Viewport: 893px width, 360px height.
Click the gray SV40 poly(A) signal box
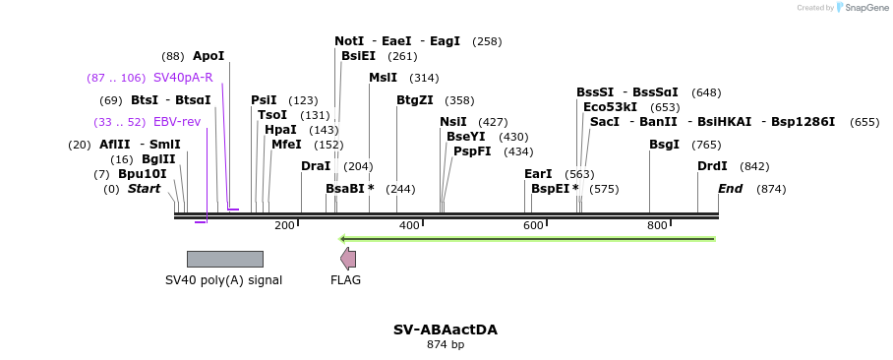tap(224, 259)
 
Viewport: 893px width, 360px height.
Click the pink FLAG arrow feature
tap(348, 259)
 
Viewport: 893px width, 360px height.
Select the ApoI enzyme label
tap(208, 56)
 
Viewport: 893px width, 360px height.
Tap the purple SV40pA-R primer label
tap(183, 78)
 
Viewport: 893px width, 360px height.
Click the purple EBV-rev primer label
tap(177, 122)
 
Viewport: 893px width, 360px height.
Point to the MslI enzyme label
tap(383, 78)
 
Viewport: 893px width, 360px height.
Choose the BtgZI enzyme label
tap(414, 100)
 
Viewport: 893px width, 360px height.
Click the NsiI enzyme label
tap(453, 122)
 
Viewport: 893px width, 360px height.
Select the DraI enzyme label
tap(316, 166)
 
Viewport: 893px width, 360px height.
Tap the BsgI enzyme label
tap(664, 145)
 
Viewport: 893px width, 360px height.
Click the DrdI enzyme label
tap(712, 166)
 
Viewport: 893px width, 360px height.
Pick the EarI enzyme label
tap(538, 174)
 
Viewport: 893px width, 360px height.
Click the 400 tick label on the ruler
tap(409, 226)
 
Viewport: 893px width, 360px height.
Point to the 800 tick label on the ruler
tap(657, 226)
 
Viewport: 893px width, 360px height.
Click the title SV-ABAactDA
tap(446, 330)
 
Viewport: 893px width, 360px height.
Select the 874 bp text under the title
tap(446, 345)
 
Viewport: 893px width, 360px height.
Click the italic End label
tap(730, 189)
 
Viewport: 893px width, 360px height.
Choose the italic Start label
tap(144, 189)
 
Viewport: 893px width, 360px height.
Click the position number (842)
tap(754, 166)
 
